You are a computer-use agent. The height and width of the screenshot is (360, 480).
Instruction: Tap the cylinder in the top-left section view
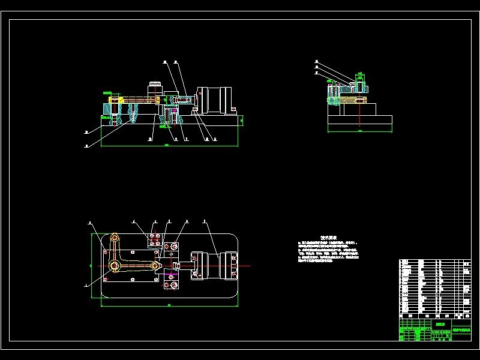point(217,100)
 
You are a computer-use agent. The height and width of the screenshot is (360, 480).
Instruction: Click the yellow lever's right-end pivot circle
point(155,265)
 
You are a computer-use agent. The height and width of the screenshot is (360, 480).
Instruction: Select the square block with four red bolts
point(155,240)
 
